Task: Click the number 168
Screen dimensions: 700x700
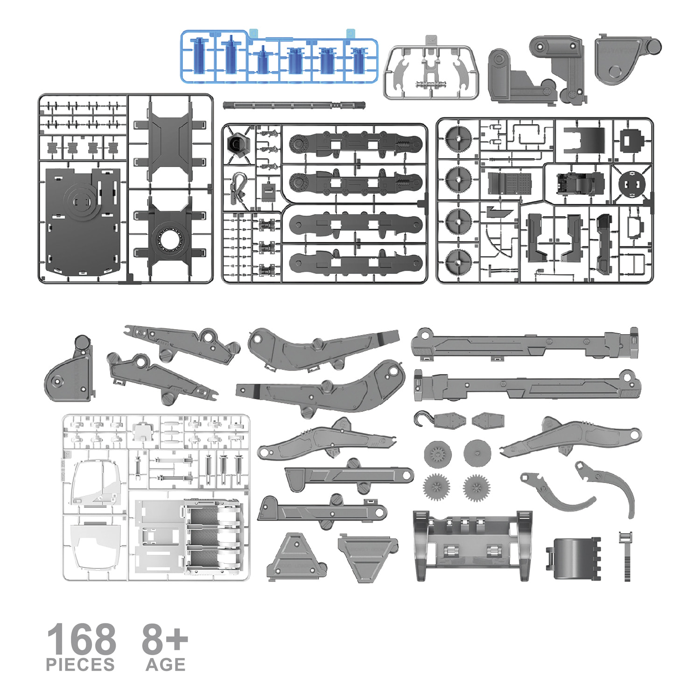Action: [82, 638]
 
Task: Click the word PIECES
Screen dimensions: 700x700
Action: [80, 665]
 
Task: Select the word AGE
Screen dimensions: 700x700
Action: [166, 665]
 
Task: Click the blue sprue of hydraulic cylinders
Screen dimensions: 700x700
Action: [279, 56]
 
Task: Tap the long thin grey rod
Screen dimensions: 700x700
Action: [294, 105]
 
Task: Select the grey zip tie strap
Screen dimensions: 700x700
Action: [626, 556]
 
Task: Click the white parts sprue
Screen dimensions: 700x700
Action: [156, 497]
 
